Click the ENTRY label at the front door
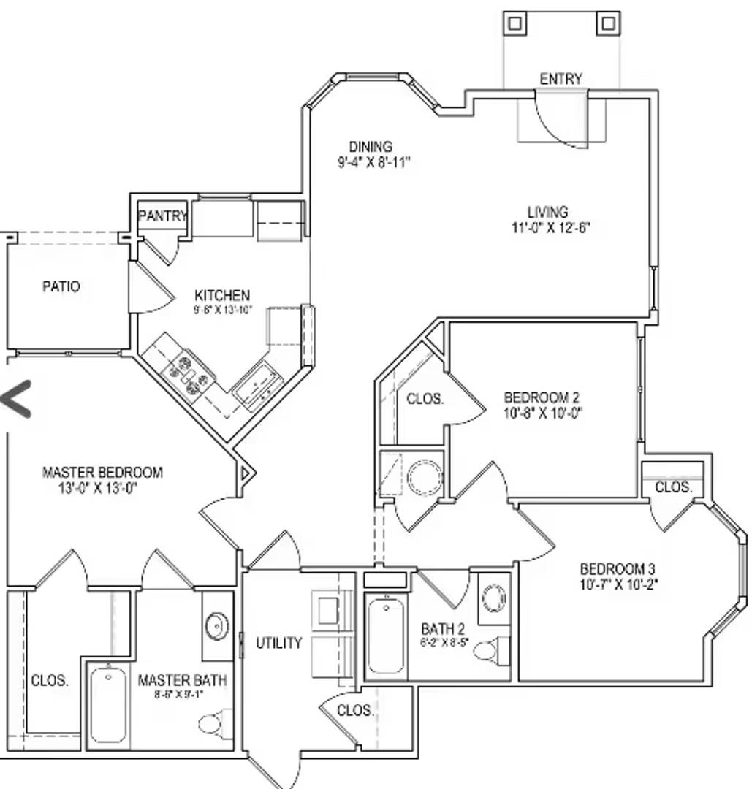tap(561, 78)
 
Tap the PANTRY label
tap(163, 216)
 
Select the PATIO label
tap(61, 286)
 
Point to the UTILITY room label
tap(278, 643)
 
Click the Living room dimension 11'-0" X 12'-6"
tap(550, 227)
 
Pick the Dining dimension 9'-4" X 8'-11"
tap(373, 162)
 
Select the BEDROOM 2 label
tap(542, 397)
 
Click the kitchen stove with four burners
tap(189, 374)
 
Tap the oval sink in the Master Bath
tap(216, 626)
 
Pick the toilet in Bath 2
tap(489, 649)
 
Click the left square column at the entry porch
tap(514, 23)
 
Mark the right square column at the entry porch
tap(608, 23)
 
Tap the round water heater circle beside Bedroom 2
tap(425, 478)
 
